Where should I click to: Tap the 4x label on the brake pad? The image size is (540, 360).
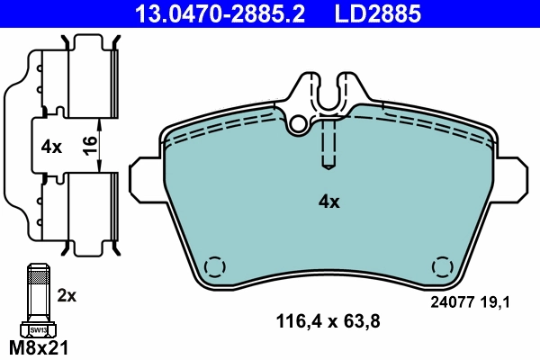coord(328,202)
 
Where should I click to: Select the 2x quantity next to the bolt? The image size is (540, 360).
coord(67,294)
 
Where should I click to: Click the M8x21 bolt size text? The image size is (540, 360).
coord(38,346)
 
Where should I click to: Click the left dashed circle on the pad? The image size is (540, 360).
coord(214,268)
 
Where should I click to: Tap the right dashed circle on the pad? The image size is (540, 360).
coord(443,267)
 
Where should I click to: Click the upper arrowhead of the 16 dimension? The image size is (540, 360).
coord(100,124)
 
